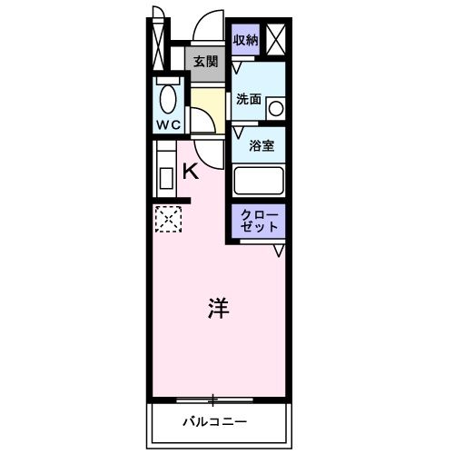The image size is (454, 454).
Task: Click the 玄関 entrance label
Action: [205, 62]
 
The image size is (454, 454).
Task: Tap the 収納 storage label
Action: [245, 39]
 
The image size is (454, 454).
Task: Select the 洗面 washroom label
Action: [249, 100]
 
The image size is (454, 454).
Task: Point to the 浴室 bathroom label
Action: [262, 145]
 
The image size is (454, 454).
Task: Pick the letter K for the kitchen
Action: [192, 170]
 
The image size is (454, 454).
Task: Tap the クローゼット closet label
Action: [262, 221]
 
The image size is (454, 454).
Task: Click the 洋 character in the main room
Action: [218, 308]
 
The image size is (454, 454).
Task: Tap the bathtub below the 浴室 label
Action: [260, 180]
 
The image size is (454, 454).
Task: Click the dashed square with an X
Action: [167, 217]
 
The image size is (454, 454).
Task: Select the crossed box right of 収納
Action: [276, 39]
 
